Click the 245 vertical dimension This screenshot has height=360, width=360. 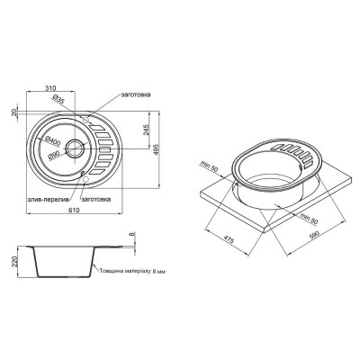point(131,132)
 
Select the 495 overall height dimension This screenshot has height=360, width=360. point(144,149)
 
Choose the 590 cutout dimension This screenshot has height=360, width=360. point(312,235)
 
